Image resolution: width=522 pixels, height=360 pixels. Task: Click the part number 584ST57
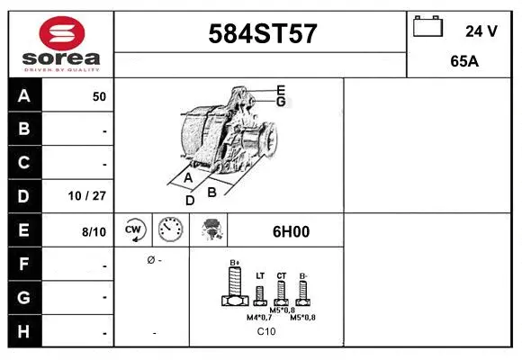click(262, 34)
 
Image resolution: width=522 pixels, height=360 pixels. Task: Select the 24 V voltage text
click(481, 31)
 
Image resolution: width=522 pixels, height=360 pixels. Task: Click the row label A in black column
click(24, 96)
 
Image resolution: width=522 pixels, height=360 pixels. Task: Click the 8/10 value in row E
click(94, 231)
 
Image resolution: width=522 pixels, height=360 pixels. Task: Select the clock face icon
click(169, 231)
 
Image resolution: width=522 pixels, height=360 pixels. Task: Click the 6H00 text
click(291, 231)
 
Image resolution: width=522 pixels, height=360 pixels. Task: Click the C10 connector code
click(266, 332)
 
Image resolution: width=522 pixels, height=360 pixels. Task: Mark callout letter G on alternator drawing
click(281, 102)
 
